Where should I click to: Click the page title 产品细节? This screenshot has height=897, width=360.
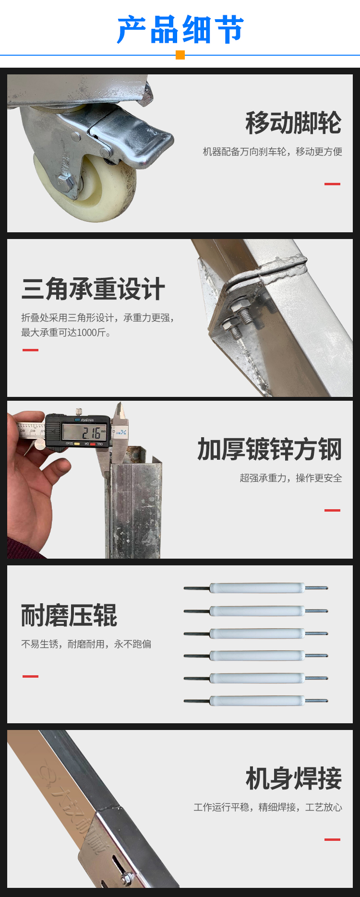coord(180,30)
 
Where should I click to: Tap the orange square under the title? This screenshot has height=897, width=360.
coord(180,55)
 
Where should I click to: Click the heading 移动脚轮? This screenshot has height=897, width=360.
coord(293,123)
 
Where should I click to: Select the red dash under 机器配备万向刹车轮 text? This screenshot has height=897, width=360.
coord(332,184)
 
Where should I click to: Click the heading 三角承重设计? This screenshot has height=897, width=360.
coord(93,289)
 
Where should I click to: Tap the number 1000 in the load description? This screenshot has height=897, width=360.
coord(87,333)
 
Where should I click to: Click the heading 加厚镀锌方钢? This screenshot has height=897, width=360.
coord(269,449)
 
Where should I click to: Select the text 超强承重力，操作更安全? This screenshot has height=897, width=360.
coord(291,478)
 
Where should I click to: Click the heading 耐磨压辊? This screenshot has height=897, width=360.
coord(69,615)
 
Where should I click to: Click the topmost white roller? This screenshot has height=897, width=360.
coord(257,588)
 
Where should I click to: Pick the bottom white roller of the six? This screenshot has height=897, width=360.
coord(257,701)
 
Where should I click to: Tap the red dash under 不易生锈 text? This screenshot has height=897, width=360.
coord(30,676)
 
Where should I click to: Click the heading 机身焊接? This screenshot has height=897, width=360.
coord(293,778)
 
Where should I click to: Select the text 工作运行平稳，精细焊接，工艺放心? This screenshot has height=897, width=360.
coord(268,807)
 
